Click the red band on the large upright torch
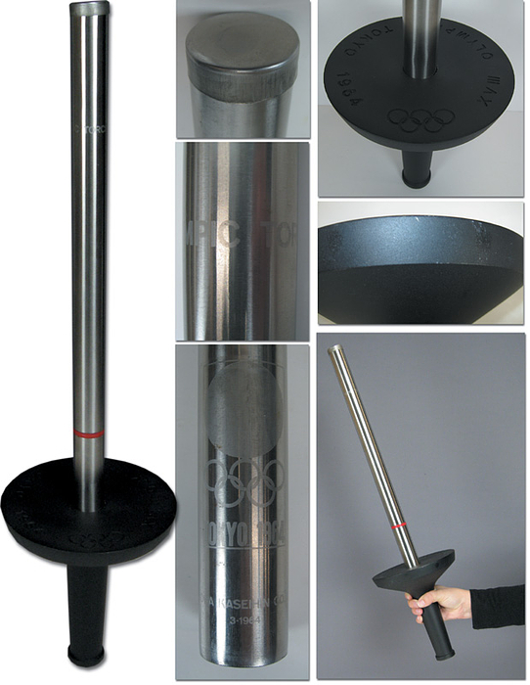pos(87,432)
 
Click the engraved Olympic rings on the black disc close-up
pos(421,120)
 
